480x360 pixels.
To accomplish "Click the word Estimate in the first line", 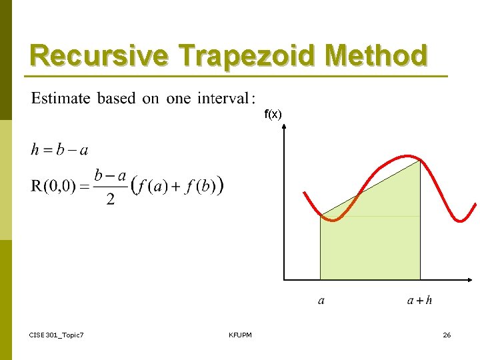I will tap(61, 99).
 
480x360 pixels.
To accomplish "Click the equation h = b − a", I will tap(59, 149).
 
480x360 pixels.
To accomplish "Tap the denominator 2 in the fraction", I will tap(110, 199).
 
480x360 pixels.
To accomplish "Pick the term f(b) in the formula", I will tap(202, 186).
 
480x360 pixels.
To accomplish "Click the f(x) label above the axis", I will tap(273, 115).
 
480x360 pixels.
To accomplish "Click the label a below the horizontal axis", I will tap(321, 301).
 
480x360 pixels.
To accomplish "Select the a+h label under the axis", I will tap(419, 301).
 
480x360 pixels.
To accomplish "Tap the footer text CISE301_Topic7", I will tap(57, 335).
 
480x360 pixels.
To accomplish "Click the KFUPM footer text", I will tap(240, 335).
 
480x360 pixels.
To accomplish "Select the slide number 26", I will tap(447, 335).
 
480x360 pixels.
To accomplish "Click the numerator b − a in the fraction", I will tap(110, 175).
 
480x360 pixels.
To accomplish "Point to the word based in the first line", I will tap(117, 99).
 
